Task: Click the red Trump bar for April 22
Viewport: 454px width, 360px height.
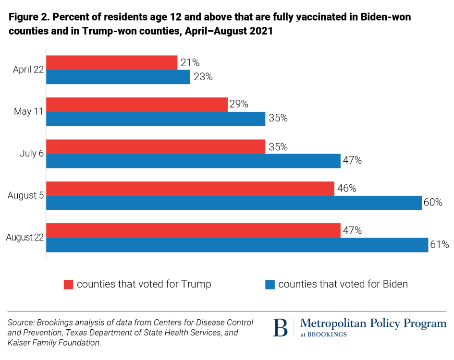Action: point(111,62)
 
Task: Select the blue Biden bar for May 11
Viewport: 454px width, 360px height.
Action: point(156,119)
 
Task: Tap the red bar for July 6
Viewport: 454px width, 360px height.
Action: point(156,147)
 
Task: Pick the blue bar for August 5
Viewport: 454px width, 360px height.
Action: point(234,203)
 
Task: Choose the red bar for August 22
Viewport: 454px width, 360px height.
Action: point(193,231)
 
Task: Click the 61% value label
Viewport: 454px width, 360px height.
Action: point(440,245)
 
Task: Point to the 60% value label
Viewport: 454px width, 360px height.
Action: point(433,203)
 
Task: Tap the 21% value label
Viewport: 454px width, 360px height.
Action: point(189,62)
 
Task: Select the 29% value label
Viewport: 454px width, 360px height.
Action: point(238,104)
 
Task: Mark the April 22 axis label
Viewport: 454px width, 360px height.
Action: point(28,70)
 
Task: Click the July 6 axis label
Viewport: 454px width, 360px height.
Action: point(32,154)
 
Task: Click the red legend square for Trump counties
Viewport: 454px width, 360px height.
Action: point(69,285)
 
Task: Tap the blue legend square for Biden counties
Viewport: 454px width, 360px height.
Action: point(270,285)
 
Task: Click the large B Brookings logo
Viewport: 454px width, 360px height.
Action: point(281,328)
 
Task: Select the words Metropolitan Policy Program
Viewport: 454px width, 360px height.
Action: point(373,324)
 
